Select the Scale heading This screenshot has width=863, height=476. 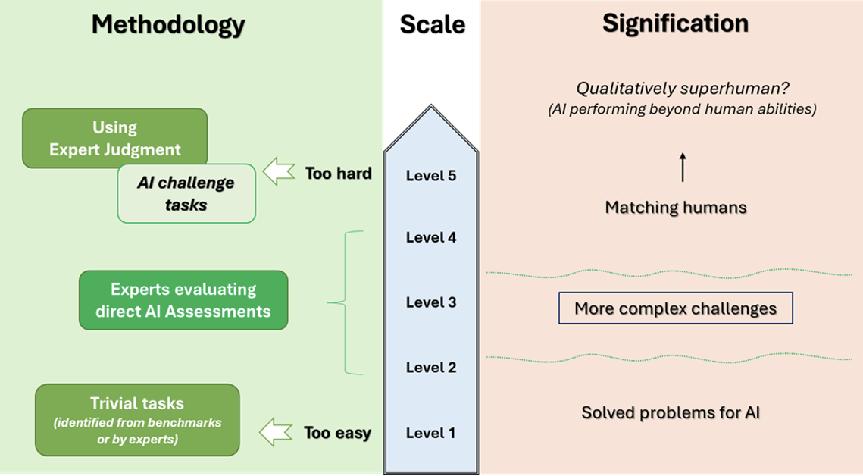(x=432, y=24)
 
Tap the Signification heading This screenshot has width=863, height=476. (x=676, y=24)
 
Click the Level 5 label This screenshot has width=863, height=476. (x=431, y=176)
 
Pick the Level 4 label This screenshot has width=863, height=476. (x=431, y=237)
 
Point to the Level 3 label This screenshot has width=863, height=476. (x=431, y=302)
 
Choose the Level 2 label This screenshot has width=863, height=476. (x=431, y=368)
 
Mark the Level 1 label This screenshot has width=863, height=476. (x=431, y=434)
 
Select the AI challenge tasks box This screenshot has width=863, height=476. (x=186, y=193)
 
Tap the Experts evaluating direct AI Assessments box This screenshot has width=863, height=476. (x=183, y=299)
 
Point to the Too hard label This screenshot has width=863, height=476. (x=338, y=174)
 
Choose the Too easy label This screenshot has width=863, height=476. (x=337, y=434)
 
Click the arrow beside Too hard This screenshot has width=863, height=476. (x=279, y=174)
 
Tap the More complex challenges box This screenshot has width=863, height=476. (x=675, y=308)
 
